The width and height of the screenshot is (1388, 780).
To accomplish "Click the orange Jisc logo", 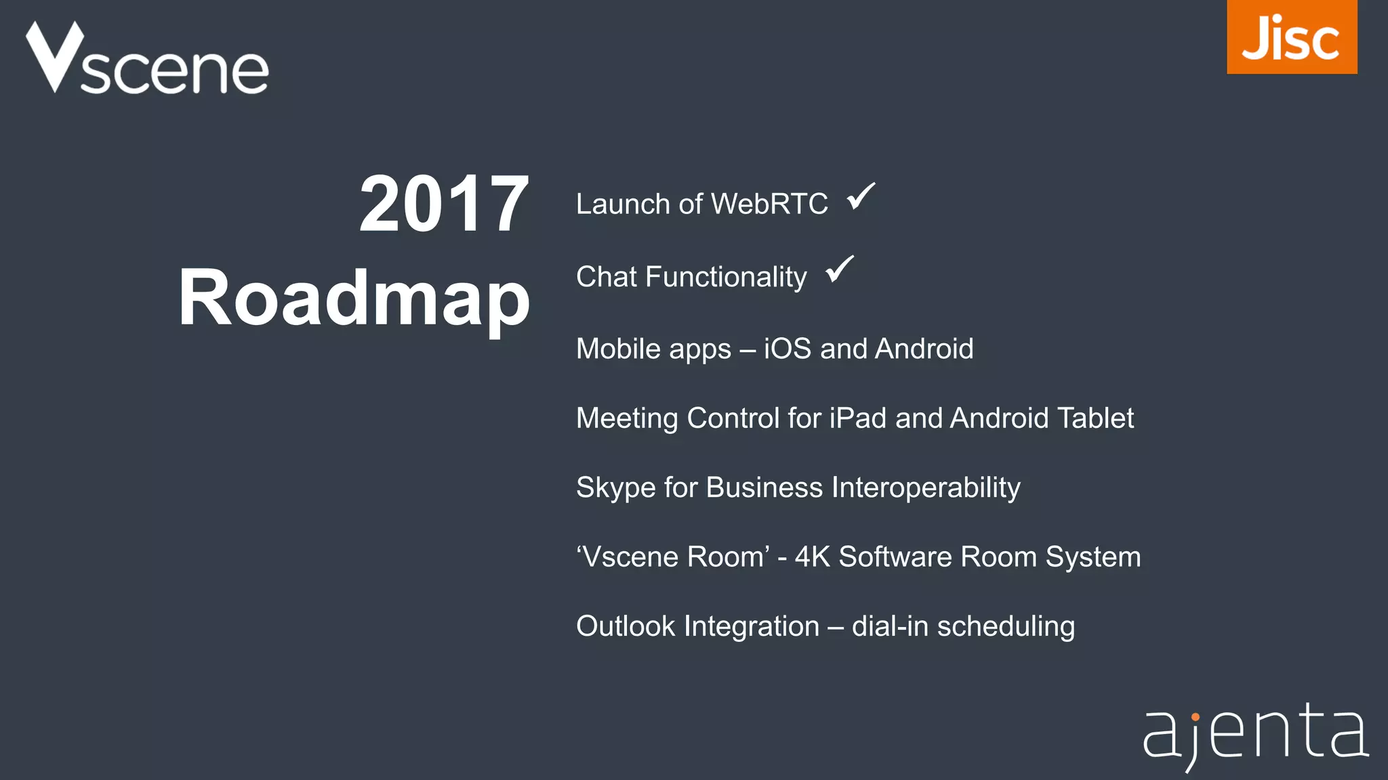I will point(1291,37).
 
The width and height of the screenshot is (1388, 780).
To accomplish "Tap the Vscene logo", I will point(147,59).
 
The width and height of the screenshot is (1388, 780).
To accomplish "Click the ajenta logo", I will point(1255,735).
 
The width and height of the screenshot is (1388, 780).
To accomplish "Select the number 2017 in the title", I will point(444,204).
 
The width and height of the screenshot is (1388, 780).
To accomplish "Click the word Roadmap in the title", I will point(354,298).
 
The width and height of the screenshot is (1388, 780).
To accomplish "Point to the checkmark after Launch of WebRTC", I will point(861,197).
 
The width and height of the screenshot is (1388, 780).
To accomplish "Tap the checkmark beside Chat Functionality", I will point(840,269).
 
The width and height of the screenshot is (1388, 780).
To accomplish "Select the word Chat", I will point(607,277).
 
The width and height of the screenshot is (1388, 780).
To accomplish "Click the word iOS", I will point(787,349).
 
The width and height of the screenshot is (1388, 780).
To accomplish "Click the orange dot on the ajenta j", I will point(1195,716).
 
